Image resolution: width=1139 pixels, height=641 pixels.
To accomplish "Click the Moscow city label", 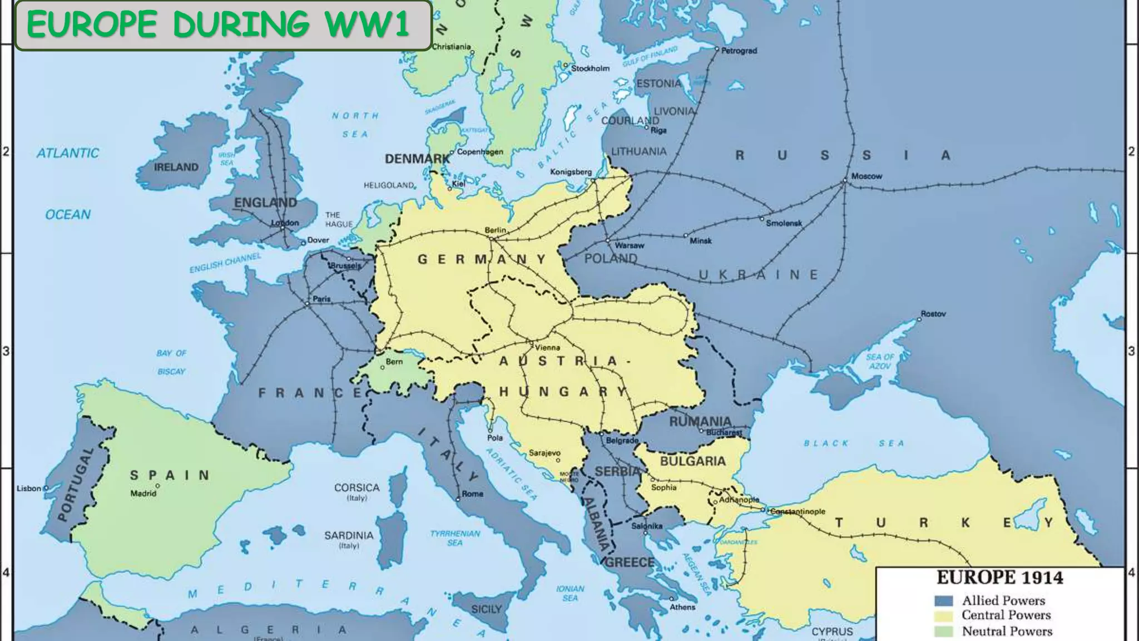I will [866, 176].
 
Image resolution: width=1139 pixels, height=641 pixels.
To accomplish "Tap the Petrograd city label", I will [739, 51].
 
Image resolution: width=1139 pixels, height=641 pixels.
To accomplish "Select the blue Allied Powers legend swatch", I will [943, 601].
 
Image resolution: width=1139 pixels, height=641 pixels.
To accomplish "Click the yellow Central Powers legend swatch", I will [943, 616].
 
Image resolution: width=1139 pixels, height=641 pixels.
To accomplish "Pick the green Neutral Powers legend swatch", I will [943, 632].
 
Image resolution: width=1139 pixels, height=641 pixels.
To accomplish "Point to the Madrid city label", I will [143, 494].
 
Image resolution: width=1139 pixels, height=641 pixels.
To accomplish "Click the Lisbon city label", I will [29, 489].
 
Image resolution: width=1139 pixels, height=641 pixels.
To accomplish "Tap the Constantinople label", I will [798, 511].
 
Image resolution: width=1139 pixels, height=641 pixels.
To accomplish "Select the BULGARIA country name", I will [692, 461].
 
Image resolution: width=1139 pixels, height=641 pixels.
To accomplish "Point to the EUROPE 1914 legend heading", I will [999, 578].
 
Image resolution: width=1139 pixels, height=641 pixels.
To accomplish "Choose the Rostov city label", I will [933, 314].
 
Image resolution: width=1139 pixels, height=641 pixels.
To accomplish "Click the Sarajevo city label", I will [544, 453].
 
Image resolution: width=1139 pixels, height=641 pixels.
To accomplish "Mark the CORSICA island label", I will [356, 487].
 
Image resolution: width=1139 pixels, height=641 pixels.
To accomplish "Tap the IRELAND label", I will [176, 167].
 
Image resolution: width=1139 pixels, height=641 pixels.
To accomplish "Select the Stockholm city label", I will [590, 68].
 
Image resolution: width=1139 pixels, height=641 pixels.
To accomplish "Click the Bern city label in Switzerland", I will [394, 362].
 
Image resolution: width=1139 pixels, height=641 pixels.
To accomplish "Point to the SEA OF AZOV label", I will [880, 361].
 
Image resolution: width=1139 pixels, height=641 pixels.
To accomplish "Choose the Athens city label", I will [682, 607].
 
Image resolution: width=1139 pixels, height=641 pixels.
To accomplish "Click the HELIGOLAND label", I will [389, 185].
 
